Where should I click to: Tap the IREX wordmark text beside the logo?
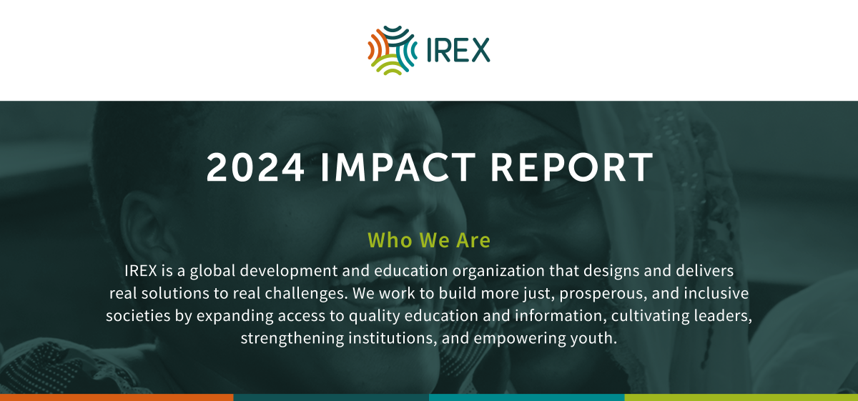[458, 51]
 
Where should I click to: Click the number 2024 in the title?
[255, 167]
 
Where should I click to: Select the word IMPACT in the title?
[397, 167]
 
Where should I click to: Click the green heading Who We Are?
[429, 240]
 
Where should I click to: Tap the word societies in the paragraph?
[137, 316]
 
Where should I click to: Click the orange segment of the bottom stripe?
[117, 397]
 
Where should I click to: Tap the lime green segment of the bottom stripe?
[741, 397]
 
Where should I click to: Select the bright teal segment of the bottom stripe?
[526, 397]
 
